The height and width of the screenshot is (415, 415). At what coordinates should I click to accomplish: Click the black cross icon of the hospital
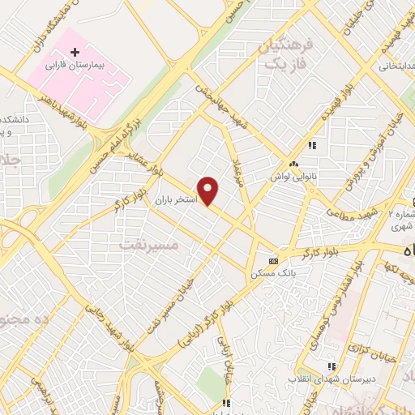coord(75,52)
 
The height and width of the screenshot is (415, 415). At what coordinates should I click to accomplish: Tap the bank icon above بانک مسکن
coord(272,261)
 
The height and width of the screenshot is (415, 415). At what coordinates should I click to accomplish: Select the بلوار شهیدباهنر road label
coord(63,107)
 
